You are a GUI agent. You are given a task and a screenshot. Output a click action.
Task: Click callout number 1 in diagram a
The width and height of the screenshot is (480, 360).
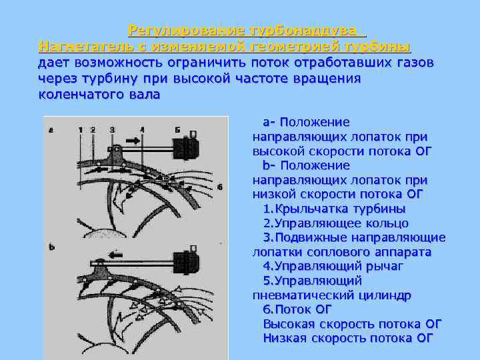tap(80, 129)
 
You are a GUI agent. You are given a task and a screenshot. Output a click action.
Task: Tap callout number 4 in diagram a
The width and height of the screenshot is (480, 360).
tap(142, 129)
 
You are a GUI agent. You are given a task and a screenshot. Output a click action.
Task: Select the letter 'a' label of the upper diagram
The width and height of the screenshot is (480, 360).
tap(51, 130)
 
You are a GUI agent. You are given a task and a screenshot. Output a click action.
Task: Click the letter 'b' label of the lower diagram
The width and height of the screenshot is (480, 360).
tap(51, 247)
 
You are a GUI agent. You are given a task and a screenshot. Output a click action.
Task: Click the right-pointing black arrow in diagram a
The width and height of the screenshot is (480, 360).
tap(132, 141)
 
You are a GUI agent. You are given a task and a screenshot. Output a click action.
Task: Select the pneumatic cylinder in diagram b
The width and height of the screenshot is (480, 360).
tap(185, 261)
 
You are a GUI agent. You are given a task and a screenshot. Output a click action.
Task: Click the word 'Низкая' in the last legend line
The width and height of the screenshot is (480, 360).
tap(285, 338)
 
